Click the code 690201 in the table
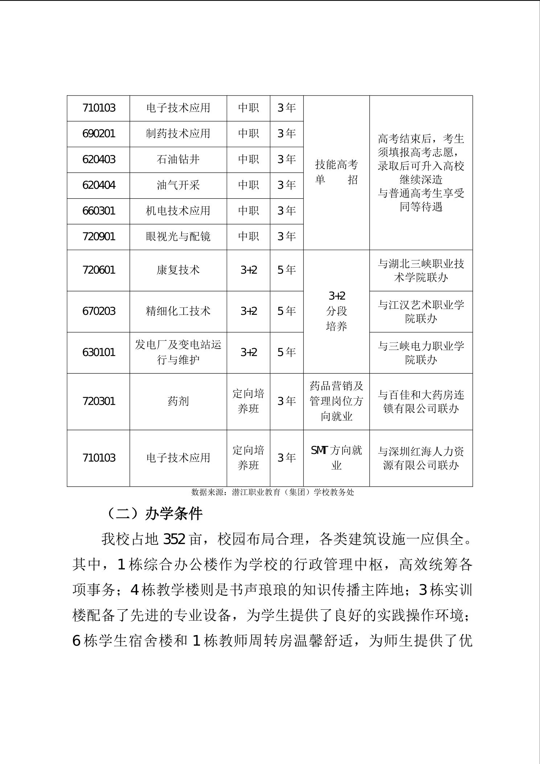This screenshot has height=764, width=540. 99,134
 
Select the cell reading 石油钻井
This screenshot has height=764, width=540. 178,159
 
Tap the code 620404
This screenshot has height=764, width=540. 99,185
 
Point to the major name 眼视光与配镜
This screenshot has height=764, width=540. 178,237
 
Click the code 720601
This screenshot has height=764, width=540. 99,270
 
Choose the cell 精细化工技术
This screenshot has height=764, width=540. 178,311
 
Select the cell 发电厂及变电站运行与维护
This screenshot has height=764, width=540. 178,352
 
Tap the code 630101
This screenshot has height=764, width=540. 99,352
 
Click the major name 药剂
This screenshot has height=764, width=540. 178,401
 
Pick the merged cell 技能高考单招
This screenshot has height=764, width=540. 336,172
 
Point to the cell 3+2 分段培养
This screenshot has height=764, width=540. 336,311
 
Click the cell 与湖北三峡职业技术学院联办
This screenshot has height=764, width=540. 421,271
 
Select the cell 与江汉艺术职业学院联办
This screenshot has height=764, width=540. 421,312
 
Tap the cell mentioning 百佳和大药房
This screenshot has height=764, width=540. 421,402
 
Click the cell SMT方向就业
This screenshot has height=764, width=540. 336,458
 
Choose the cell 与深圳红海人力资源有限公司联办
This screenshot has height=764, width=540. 421,458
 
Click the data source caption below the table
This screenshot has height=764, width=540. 272,492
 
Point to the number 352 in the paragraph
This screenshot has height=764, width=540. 175,540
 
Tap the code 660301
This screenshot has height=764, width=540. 99,211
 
